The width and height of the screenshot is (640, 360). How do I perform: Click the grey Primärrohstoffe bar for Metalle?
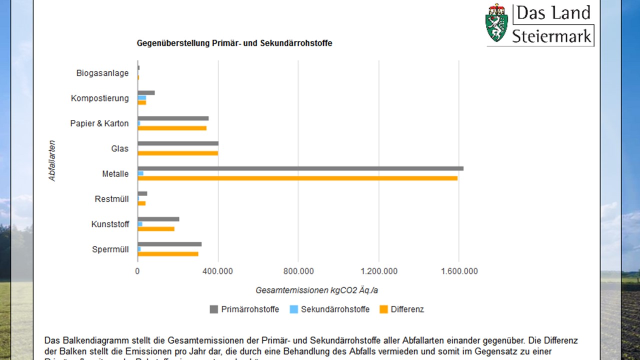coord(300,168)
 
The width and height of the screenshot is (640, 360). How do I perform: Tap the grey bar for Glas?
coord(178,143)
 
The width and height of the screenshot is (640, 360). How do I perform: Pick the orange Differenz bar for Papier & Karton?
coord(172,128)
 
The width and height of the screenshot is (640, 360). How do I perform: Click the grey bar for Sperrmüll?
coord(169,244)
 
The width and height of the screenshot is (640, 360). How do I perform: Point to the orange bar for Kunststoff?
coord(156,229)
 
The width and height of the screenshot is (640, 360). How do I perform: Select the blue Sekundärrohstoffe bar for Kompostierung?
coord(142,97)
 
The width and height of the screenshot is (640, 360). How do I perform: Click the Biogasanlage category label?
coord(102,73)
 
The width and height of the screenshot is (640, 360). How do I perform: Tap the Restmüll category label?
coord(111,199)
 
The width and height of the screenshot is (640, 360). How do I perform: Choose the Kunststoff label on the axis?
coord(110,224)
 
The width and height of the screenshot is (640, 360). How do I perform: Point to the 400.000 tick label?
coord(217,271)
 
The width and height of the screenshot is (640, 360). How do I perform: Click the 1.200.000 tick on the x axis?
coord(378,271)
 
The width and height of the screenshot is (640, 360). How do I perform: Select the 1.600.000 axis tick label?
coord(458,271)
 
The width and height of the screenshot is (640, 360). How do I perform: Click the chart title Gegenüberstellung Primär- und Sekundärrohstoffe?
coord(234,43)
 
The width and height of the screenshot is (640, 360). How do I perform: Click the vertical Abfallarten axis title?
coord(52,160)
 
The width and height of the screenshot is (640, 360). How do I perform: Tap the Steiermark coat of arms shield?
coord(496,22)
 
